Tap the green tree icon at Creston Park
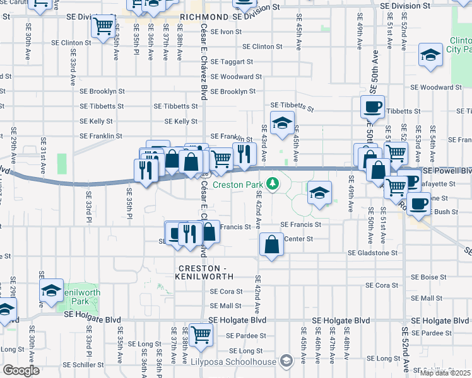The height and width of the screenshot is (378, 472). tap(273, 184)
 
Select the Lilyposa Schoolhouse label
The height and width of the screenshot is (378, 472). tap(234, 362)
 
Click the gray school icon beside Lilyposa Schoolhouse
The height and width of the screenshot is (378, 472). tap(286, 361)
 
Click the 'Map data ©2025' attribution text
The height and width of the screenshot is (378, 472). tap(445, 373)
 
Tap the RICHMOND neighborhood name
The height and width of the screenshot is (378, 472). tap(203, 17)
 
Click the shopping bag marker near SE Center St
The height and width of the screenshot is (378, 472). tap(271, 244)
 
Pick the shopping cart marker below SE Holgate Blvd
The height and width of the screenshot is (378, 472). tap(201, 335)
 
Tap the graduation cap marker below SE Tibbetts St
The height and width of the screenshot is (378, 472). tap(282, 122)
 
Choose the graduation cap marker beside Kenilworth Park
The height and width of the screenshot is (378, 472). tap(51, 290)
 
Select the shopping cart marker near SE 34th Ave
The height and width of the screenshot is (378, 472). tap(102, 26)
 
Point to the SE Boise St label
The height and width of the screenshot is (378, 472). tap(428, 277)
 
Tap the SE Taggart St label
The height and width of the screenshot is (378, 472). tap(232, 62)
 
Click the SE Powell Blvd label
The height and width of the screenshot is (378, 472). tap(448, 171)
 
